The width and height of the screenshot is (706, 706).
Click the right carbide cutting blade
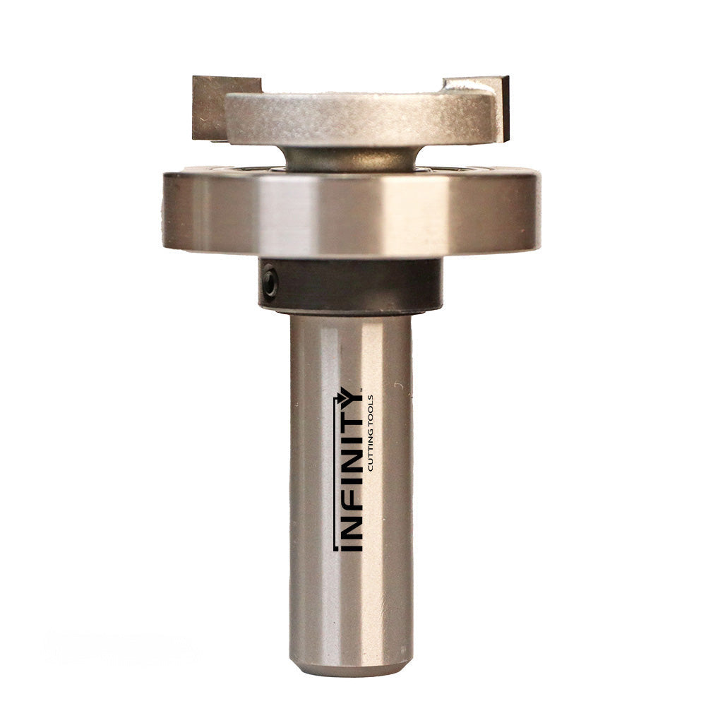[x=494, y=106]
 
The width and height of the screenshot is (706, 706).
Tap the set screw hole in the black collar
[x=269, y=282]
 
